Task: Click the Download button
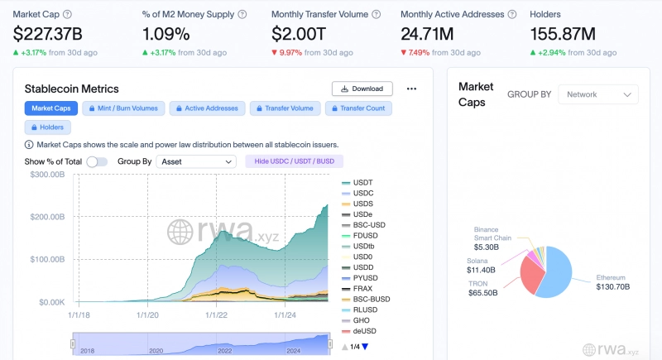pos(362,89)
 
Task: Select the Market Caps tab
pos(51,108)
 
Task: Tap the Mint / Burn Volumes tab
pos(123,108)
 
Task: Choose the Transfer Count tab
pos(358,108)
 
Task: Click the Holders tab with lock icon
pos(47,127)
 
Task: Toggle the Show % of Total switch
pos(97,161)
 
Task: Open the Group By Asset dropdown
pos(196,161)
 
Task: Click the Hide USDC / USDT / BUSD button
pos(294,161)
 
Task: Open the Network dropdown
pos(598,94)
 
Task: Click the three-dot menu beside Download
pos(411,89)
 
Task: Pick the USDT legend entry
pos(357,182)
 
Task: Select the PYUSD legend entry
pos(360,278)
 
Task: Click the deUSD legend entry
pos(359,331)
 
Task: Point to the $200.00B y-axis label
pos(47,217)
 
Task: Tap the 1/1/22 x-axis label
pos(216,314)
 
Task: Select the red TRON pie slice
pos(531,273)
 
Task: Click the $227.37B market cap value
pos(48,34)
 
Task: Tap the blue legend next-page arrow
pos(365,347)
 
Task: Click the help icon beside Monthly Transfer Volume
pos(377,14)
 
